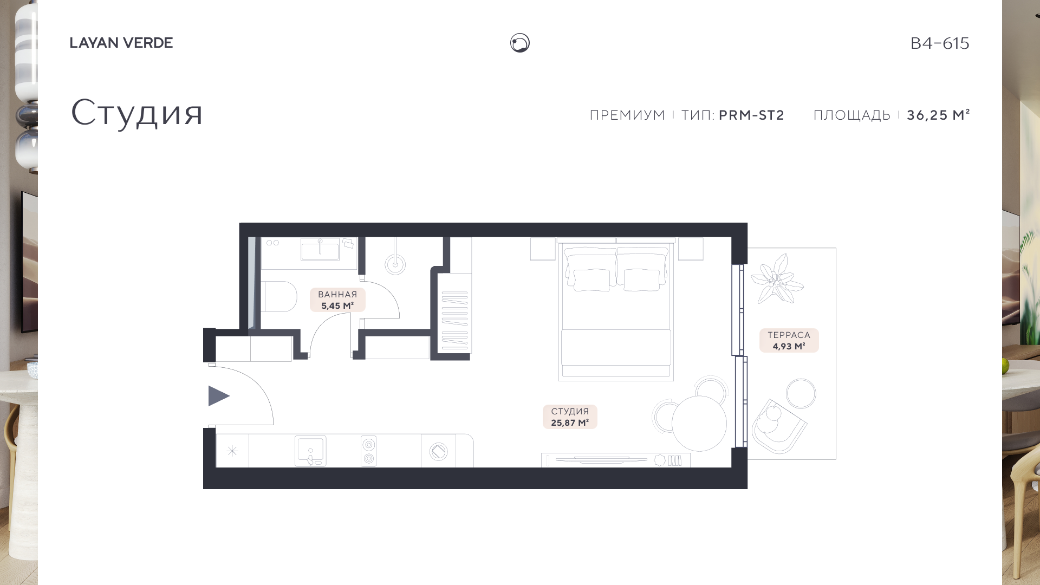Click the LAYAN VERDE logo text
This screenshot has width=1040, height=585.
[121, 43]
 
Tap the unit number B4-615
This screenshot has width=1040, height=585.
[940, 43]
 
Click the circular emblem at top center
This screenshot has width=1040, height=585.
[520, 43]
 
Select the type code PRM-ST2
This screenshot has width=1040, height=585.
[751, 115]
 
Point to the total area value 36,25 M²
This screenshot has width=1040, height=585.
[938, 115]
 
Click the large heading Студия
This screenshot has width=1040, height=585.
[136, 113]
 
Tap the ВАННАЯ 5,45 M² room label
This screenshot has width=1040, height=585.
[337, 300]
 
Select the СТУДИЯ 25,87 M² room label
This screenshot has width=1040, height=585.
[570, 417]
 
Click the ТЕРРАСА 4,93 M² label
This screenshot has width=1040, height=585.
[789, 341]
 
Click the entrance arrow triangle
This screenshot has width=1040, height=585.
[217, 396]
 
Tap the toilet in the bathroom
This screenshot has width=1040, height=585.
[279, 296]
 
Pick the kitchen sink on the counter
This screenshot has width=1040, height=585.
[310, 451]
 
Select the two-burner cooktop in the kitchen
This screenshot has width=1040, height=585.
[369, 451]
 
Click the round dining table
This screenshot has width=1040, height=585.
[699, 424]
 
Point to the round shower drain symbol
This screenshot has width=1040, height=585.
[395, 264]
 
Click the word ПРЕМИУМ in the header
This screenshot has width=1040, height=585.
[627, 115]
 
